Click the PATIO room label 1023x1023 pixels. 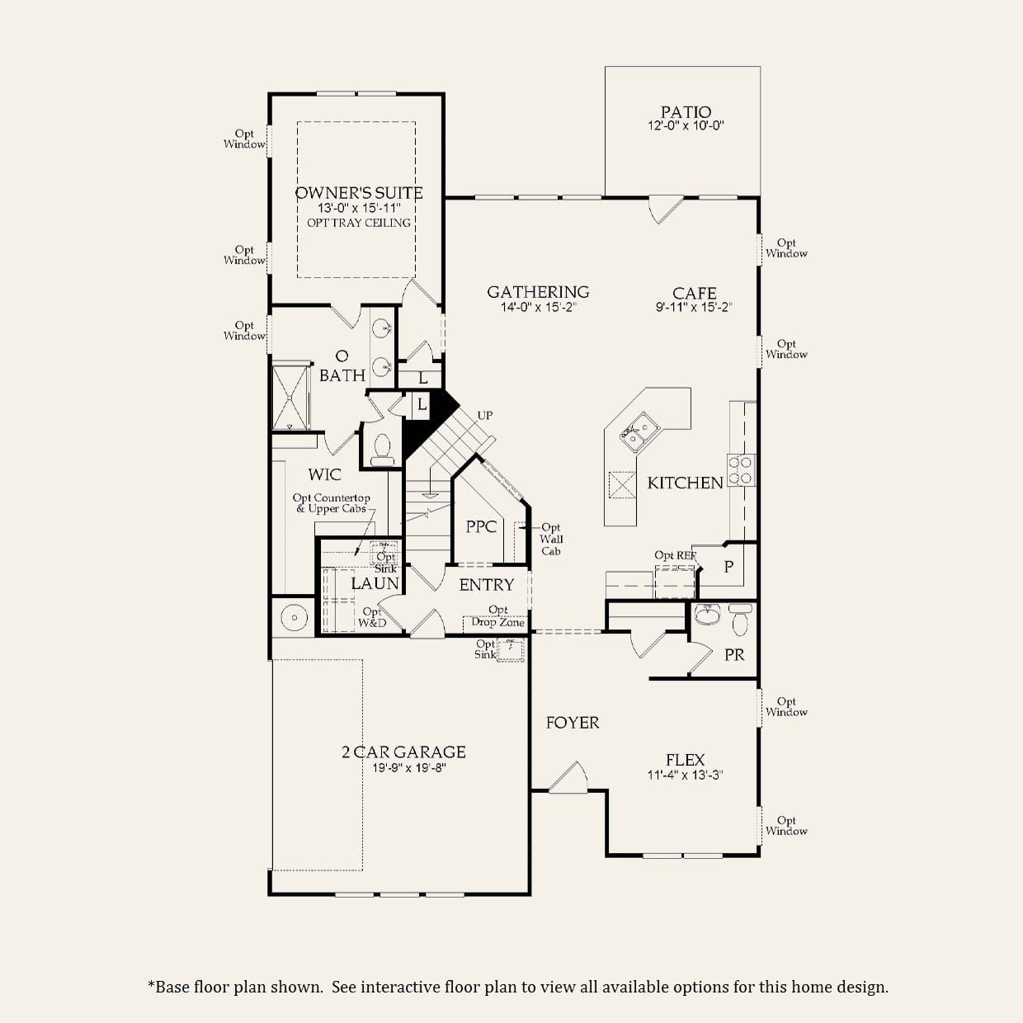click(686, 111)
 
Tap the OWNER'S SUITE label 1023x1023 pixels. click(359, 193)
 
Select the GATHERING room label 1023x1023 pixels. click(538, 292)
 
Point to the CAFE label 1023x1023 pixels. click(694, 293)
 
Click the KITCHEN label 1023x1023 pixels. click(685, 483)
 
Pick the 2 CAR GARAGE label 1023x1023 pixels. click(403, 752)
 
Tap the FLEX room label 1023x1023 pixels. click(685, 760)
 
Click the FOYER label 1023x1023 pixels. click(573, 723)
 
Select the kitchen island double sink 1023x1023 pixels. click(639, 432)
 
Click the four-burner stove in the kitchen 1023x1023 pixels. click(741, 470)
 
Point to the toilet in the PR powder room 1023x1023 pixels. click(740, 620)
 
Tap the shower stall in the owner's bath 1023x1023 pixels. click(291, 398)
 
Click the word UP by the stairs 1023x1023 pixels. click(485, 415)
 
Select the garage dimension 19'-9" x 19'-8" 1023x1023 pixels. click(409, 768)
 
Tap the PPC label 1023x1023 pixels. click(481, 526)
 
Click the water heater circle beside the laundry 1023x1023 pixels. click(295, 617)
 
